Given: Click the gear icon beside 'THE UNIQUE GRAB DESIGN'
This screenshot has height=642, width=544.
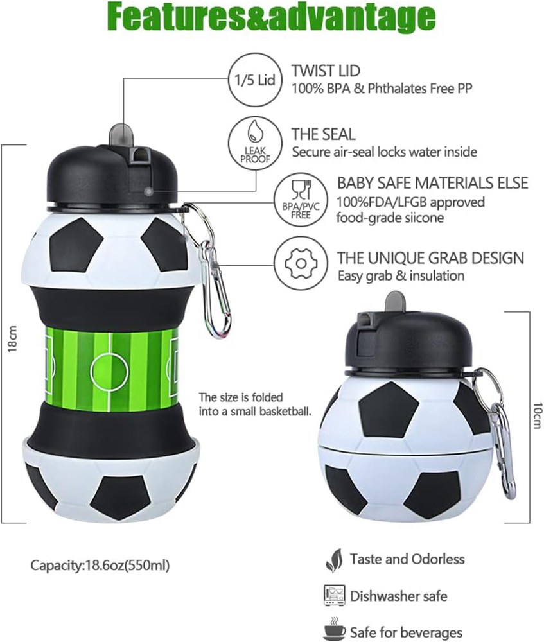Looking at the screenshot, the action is [301, 263].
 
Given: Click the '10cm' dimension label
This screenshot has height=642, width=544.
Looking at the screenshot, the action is [537, 415].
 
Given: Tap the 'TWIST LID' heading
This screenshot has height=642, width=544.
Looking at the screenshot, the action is [326, 71].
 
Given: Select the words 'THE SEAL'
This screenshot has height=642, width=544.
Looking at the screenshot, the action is [323, 134].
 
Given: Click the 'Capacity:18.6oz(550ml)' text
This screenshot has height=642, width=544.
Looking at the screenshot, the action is [100, 566].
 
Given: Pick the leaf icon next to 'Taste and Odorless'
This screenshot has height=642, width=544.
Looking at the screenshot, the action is [334, 560].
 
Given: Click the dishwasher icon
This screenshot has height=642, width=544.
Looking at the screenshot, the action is [334, 595].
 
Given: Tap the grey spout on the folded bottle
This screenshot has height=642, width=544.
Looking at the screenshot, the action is [394, 302].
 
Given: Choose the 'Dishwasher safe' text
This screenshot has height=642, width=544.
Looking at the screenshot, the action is [398, 596].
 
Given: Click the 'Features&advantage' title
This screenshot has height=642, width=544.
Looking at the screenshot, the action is [272, 17].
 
